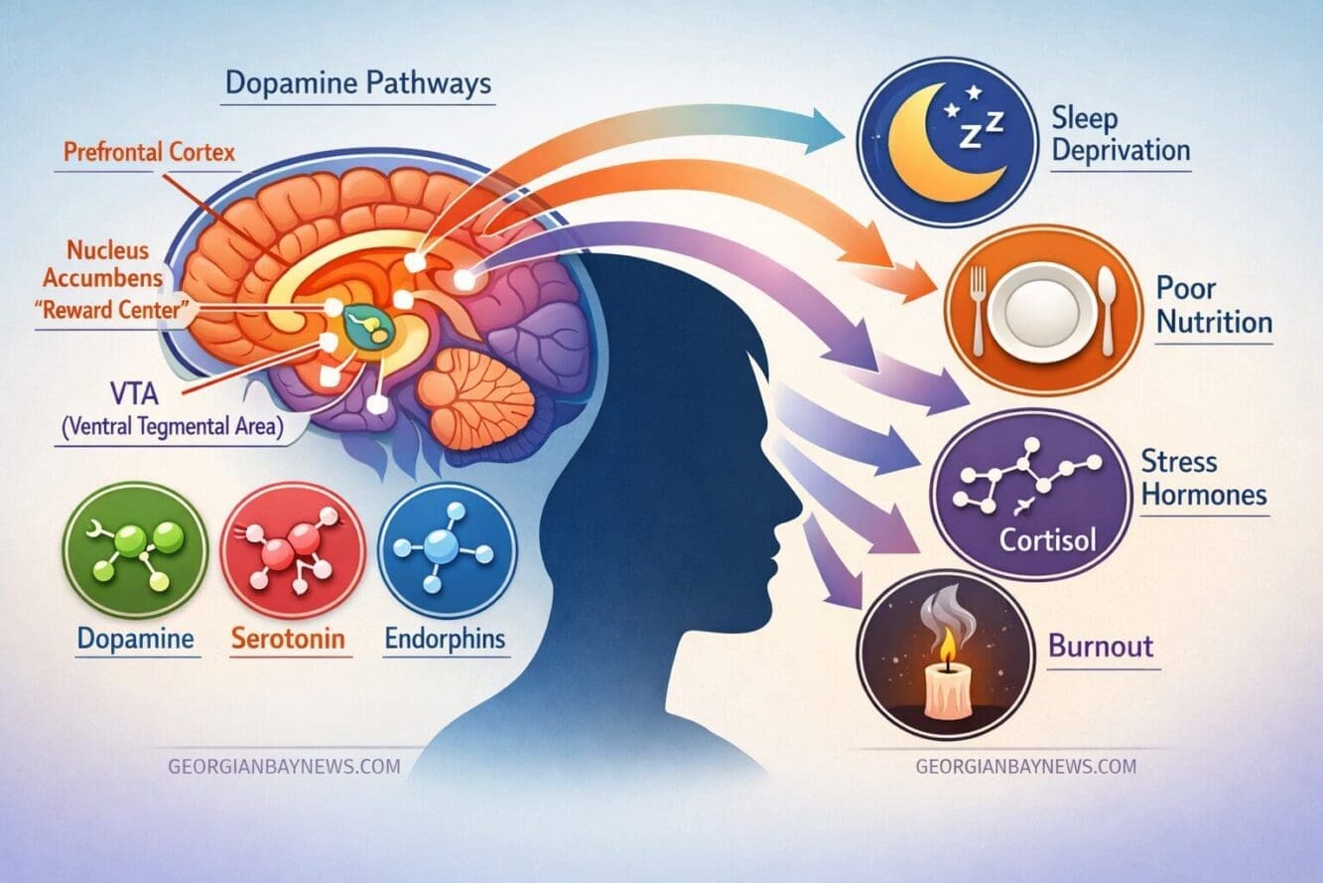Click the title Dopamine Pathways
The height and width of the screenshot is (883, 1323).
(x=358, y=83)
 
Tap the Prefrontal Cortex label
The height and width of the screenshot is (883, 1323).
(x=149, y=153)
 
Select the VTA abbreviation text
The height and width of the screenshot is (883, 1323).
(x=134, y=393)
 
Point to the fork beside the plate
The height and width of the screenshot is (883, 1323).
(x=979, y=310)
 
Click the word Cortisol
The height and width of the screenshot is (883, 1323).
(x=1047, y=539)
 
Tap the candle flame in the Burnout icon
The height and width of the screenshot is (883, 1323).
(x=948, y=646)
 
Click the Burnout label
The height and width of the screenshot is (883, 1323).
(x=1101, y=646)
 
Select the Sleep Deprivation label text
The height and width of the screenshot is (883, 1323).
(x=1121, y=135)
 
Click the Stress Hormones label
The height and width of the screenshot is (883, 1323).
(x=1204, y=478)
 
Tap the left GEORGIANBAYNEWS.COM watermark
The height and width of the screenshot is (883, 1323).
(x=284, y=767)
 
